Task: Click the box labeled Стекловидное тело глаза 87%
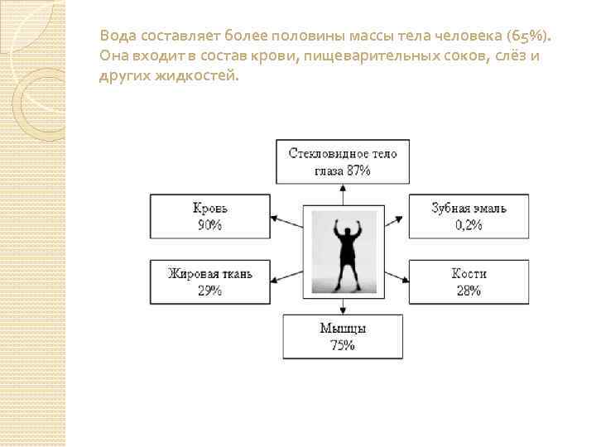[343, 162]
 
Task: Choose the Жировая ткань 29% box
[209, 281]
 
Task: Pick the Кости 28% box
[469, 281]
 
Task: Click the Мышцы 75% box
[343, 336]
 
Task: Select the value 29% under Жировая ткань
[209, 290]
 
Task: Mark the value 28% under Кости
[469, 290]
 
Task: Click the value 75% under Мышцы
[343, 345]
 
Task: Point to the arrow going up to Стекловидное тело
[343, 195]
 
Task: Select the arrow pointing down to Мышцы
[343, 305]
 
